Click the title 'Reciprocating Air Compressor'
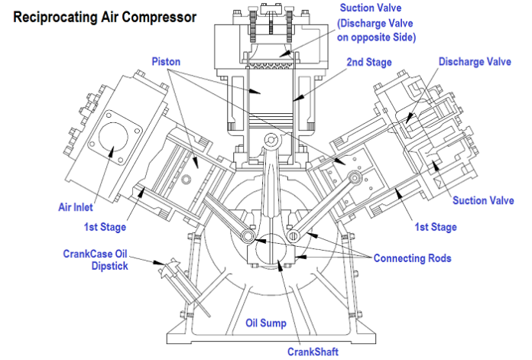pyautogui.click(x=104, y=15)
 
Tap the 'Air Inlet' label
pyautogui.click(x=78, y=206)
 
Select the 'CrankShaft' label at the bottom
pyautogui.click(x=313, y=351)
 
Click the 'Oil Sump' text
pyautogui.click(x=265, y=323)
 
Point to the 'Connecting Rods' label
pyautogui.click(x=412, y=258)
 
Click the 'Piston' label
pyautogui.click(x=165, y=60)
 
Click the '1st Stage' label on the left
pyautogui.click(x=105, y=227)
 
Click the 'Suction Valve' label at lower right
pyautogui.click(x=482, y=201)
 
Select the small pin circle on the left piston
pyautogui.click(x=186, y=179)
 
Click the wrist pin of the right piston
pyautogui.click(x=355, y=179)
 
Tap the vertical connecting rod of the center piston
pyautogui.click(x=268, y=183)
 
